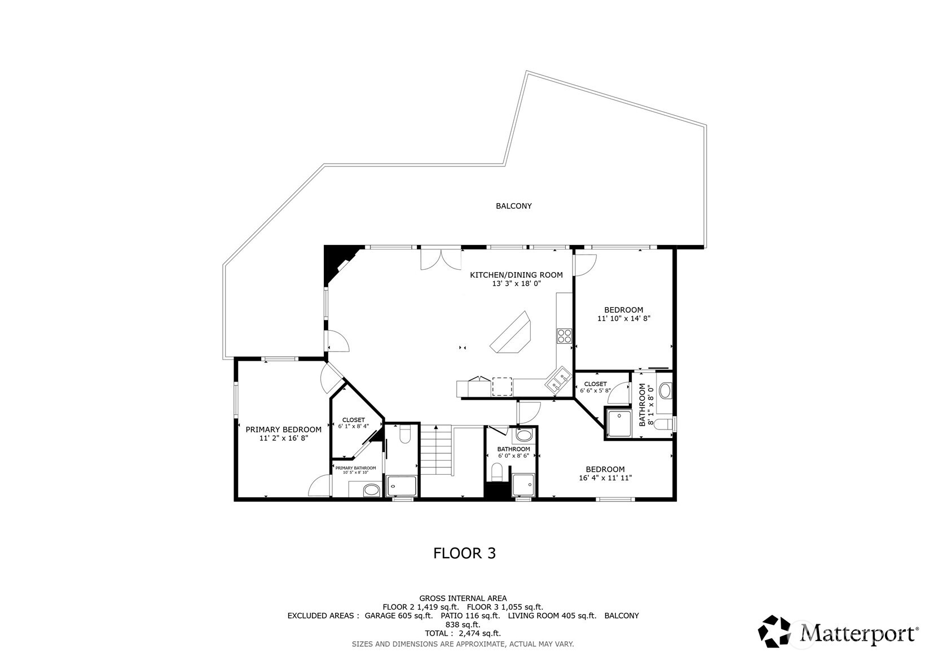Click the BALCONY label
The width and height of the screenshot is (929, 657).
pyautogui.click(x=513, y=206)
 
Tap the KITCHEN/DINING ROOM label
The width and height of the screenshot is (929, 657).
pyautogui.click(x=516, y=275)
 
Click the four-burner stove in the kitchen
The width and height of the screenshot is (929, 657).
pyautogui.click(x=564, y=336)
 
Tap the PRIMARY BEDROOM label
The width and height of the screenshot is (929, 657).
pyautogui.click(x=283, y=430)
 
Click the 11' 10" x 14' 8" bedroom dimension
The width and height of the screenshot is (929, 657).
pyautogui.click(x=623, y=318)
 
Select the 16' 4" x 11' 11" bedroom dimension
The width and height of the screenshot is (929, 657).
pyautogui.click(x=605, y=478)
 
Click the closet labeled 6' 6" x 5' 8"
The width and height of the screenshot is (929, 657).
pyautogui.click(x=595, y=387)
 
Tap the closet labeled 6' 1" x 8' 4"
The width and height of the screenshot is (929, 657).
pyautogui.click(x=353, y=423)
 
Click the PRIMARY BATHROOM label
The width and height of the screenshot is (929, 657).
pyautogui.click(x=355, y=468)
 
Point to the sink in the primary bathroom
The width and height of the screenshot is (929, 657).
pyautogui.click(x=371, y=489)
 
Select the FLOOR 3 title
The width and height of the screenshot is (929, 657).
pyautogui.click(x=464, y=553)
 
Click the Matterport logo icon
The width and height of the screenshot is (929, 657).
pyautogui.click(x=777, y=631)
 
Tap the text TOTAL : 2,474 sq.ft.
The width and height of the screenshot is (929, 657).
pyautogui.click(x=463, y=633)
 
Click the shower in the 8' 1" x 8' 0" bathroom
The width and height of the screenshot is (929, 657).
pyautogui.click(x=619, y=423)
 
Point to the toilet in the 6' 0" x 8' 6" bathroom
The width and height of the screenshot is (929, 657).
pyautogui.click(x=497, y=470)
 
